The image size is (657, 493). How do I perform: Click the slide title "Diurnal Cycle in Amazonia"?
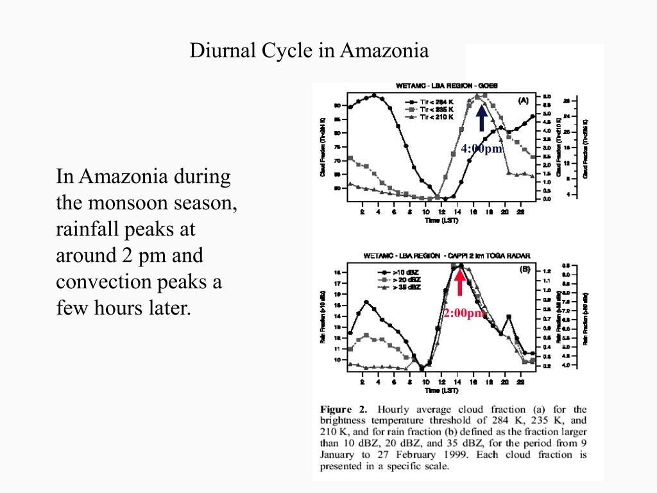pos(309,51)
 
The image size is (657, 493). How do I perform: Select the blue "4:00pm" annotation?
pos(482,149)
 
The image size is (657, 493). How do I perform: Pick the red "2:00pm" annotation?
pos(464,313)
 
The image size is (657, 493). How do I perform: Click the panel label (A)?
pos(523,100)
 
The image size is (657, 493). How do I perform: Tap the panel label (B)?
pos(524,270)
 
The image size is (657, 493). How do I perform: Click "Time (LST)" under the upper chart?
pos(441,221)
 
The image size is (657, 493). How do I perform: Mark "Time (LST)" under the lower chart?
pos(441,390)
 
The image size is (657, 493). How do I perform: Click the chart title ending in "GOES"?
pos(442,85)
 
